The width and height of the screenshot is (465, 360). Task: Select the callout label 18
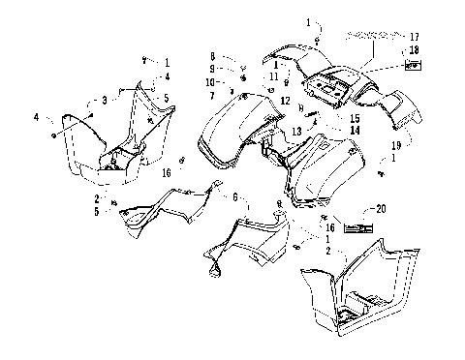(x=414, y=49)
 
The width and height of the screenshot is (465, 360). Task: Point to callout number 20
(x=381, y=209)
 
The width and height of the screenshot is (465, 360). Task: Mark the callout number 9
(x=212, y=70)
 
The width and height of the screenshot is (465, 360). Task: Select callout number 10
(x=212, y=81)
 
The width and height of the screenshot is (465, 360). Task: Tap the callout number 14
(x=327, y=130)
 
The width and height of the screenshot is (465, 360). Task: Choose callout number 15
(x=327, y=118)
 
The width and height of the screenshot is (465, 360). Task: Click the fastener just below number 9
(x=242, y=77)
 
